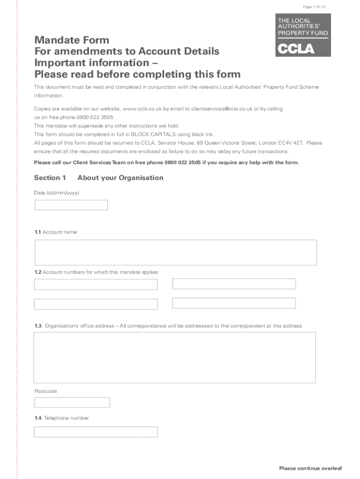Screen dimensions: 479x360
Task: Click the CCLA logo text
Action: [296, 49]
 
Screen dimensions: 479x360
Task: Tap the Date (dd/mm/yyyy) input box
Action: [71, 205]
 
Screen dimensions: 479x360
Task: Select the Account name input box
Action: [175, 252]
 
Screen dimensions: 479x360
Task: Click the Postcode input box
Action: [72, 402]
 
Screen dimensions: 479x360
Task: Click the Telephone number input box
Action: [96, 432]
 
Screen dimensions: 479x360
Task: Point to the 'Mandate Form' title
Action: [72, 40]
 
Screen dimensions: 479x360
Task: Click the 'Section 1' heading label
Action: [50, 178]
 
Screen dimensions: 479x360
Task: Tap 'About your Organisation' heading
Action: [120, 178]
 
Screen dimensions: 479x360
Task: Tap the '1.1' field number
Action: [37, 232]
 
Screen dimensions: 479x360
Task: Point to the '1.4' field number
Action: [38, 418]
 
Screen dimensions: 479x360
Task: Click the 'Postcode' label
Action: [45, 391]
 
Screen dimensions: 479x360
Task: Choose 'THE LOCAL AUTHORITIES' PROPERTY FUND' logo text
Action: [302, 27]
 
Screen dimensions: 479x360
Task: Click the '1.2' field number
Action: [38, 272]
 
